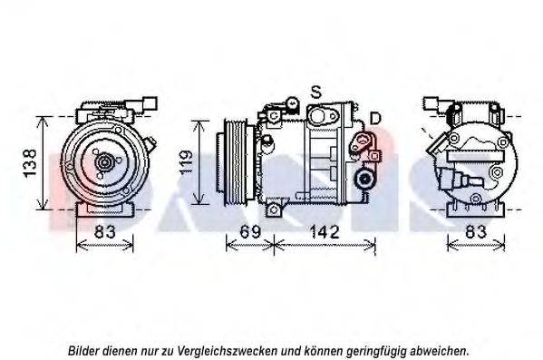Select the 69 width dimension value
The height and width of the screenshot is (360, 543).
point(249,232)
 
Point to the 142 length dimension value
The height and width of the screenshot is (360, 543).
point(324,232)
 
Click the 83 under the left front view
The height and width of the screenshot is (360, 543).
point(106,232)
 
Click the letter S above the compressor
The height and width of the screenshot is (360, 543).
point(316,92)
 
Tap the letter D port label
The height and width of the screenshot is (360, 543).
point(375,119)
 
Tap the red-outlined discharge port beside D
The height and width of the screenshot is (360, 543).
point(363,141)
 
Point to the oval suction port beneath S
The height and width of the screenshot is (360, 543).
point(321,114)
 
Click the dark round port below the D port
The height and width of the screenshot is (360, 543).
point(365,178)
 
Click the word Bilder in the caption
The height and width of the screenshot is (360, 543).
point(85,349)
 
